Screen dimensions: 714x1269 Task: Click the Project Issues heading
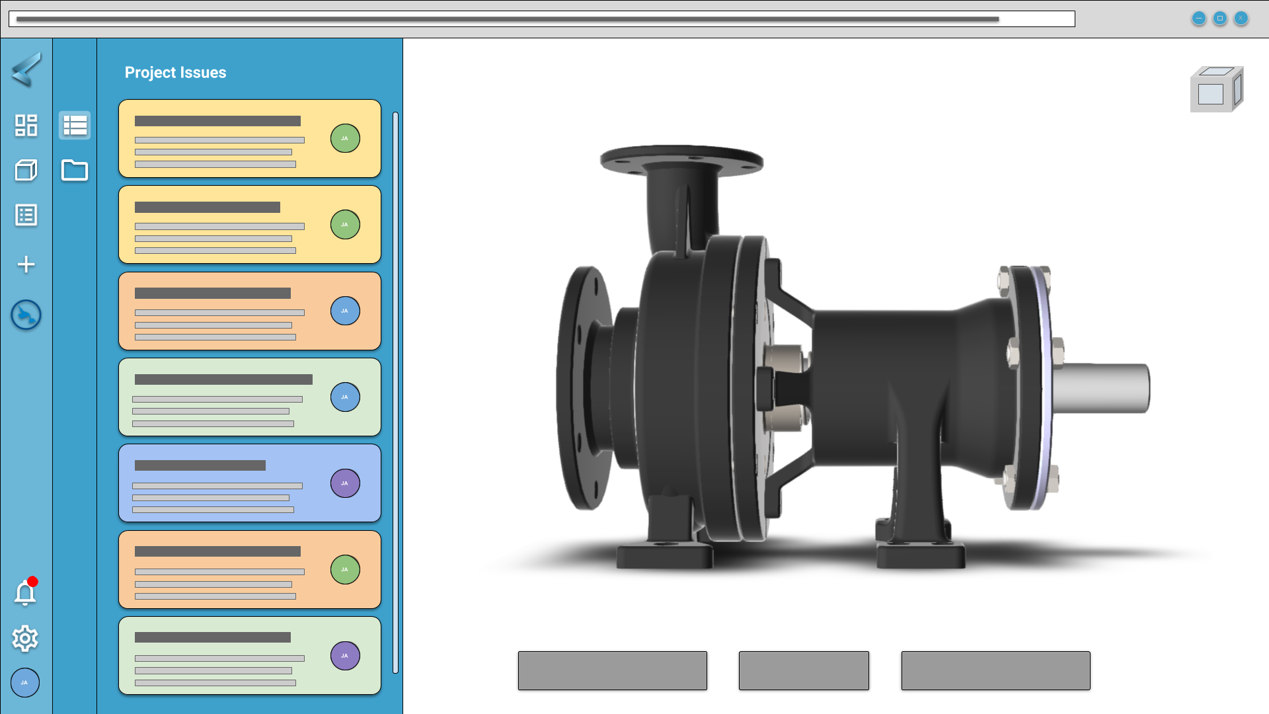tap(175, 73)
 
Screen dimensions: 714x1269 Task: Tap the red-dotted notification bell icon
tap(25, 593)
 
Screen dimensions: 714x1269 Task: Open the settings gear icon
tap(25, 638)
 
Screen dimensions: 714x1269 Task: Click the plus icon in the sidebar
tap(26, 264)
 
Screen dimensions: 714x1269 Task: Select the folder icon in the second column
tap(74, 171)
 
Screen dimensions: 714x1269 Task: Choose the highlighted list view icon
tap(74, 125)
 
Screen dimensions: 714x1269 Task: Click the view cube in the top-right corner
tap(1216, 90)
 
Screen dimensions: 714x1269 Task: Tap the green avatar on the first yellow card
tap(344, 138)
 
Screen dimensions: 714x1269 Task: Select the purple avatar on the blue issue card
tap(344, 483)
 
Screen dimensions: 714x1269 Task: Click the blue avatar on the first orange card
tap(344, 311)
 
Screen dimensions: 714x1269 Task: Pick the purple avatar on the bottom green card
tap(344, 656)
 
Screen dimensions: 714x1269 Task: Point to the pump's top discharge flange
tap(681, 161)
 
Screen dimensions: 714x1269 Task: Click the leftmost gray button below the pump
tap(612, 670)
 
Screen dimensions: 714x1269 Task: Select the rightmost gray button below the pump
tap(995, 670)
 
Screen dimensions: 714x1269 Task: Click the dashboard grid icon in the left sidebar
tap(26, 125)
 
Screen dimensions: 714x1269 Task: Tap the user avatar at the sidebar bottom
tap(25, 682)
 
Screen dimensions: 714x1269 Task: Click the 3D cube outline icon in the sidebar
tap(26, 171)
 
